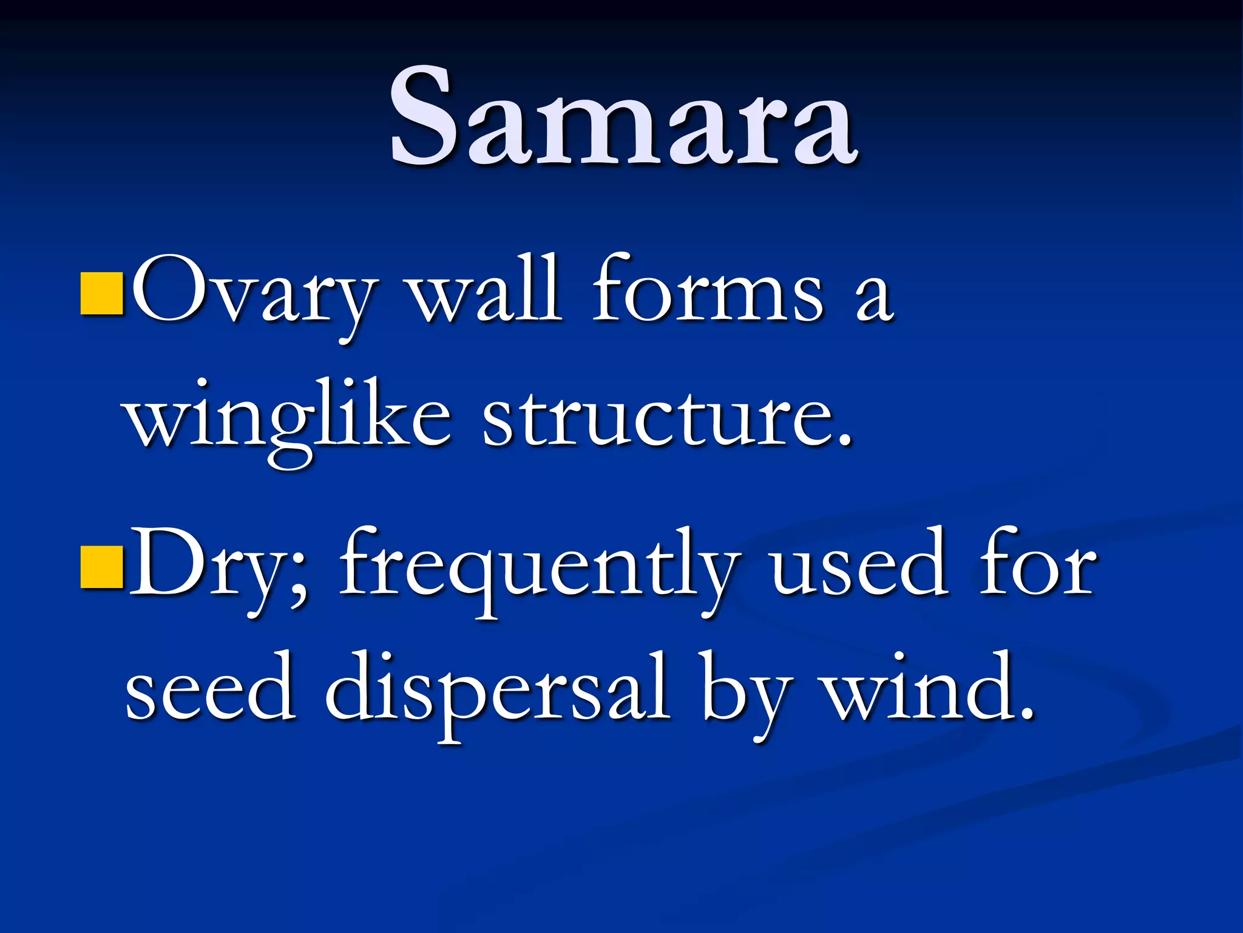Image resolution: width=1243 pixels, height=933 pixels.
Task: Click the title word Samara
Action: [x=623, y=117]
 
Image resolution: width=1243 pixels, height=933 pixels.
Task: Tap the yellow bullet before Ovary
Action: [x=103, y=292]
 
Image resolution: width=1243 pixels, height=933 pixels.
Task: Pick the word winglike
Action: [x=288, y=419]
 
